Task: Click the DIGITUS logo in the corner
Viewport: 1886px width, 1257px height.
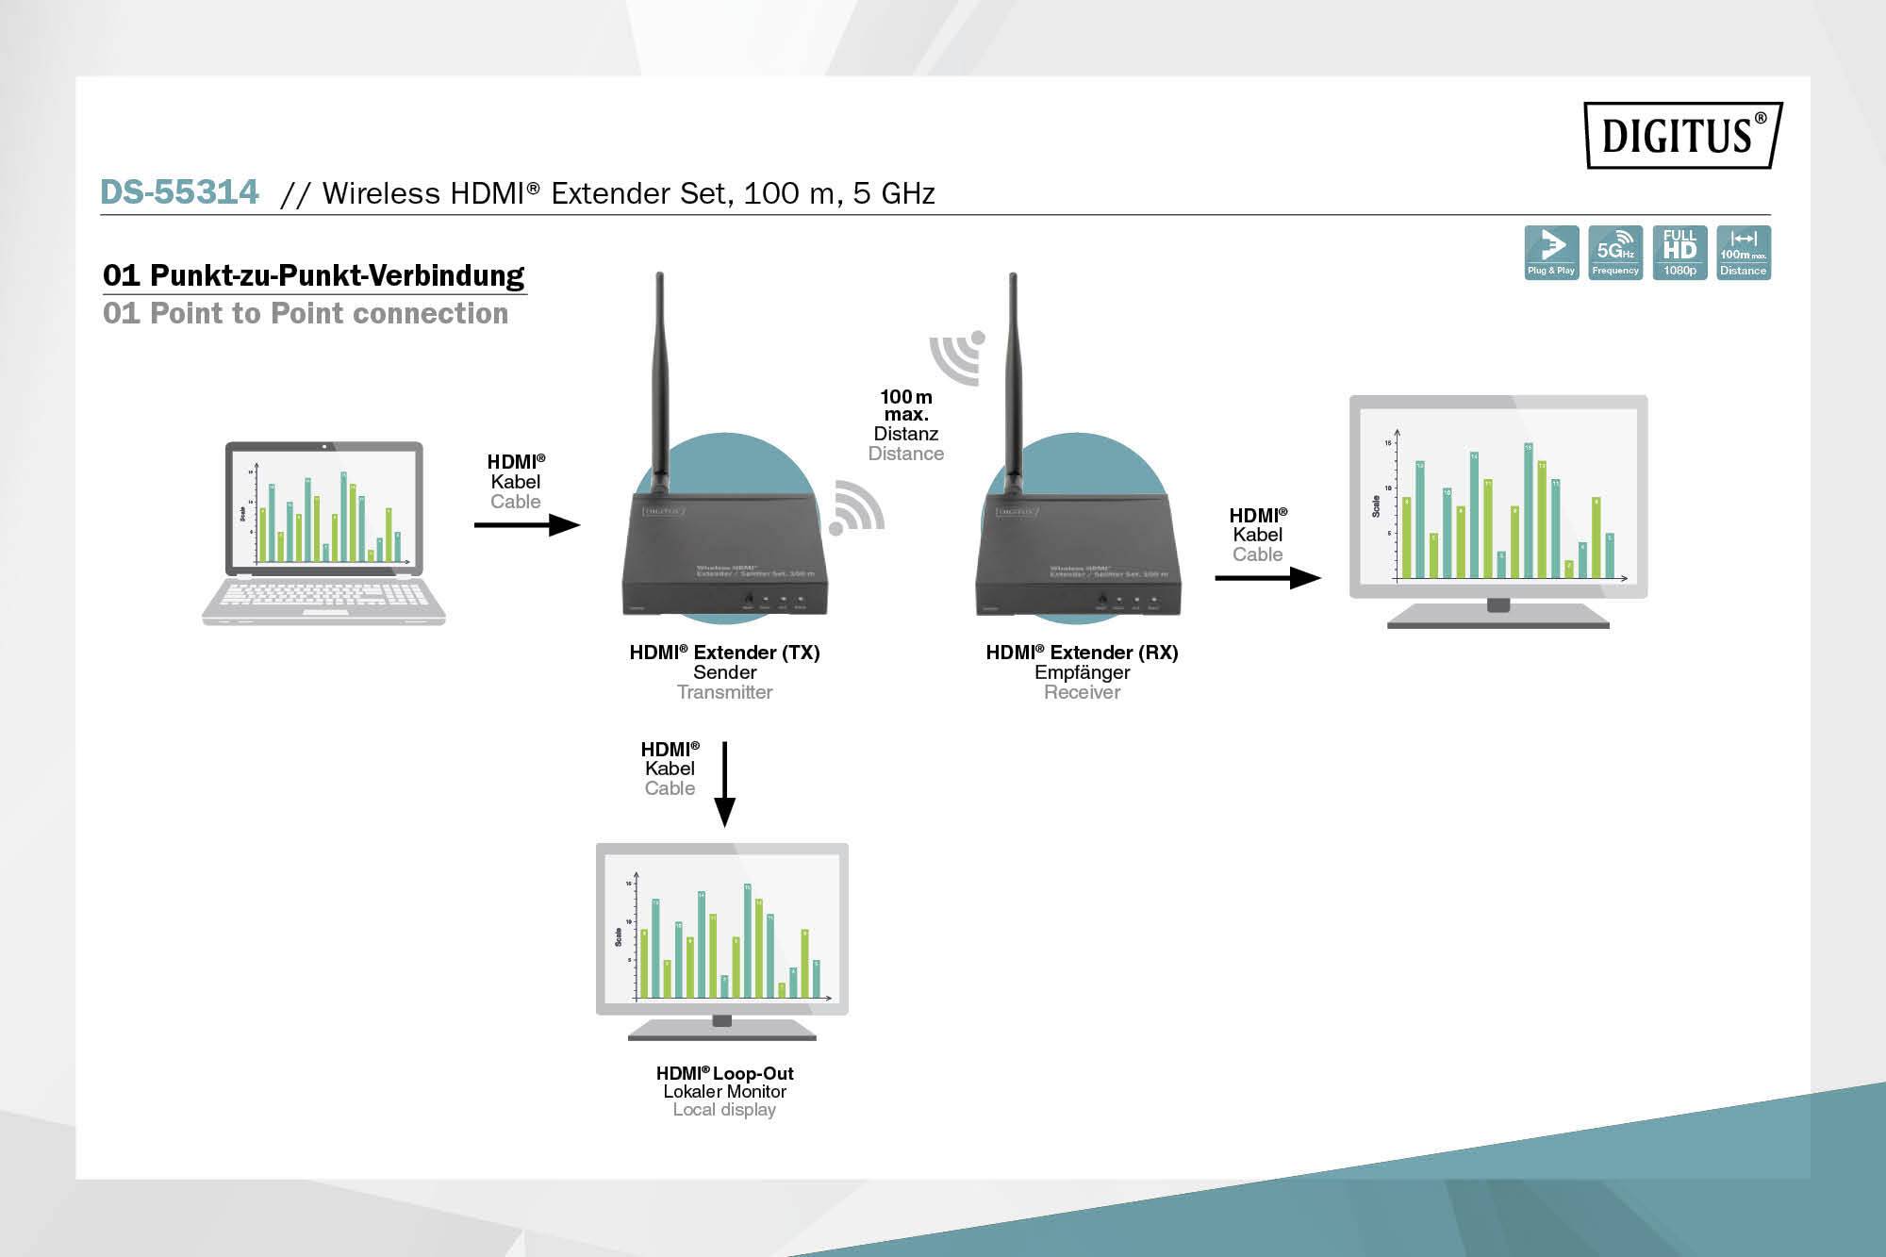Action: click(x=1682, y=135)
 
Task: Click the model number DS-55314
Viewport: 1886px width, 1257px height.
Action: click(x=179, y=192)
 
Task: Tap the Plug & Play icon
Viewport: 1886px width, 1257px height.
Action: click(x=1551, y=252)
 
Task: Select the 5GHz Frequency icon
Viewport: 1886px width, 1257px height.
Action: click(x=1615, y=252)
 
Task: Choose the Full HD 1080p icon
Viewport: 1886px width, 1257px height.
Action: click(x=1679, y=252)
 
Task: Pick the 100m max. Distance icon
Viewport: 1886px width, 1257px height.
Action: click(x=1743, y=252)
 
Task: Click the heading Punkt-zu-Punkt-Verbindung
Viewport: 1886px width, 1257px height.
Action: click(x=314, y=275)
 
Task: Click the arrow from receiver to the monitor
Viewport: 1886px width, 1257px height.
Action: click(x=1267, y=577)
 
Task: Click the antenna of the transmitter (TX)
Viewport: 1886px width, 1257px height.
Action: click(x=659, y=377)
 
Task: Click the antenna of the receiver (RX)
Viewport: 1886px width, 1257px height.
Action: click(x=1014, y=377)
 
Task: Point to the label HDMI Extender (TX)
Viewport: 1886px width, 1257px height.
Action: click(x=724, y=653)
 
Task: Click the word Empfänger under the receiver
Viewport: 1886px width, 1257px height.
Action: click(x=1082, y=672)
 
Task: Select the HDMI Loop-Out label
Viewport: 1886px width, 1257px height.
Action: click(x=724, y=1073)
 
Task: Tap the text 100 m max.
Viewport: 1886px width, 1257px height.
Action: click(x=906, y=405)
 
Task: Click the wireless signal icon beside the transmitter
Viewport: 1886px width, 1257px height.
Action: click(x=856, y=509)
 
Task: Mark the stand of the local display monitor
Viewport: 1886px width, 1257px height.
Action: click(x=722, y=1029)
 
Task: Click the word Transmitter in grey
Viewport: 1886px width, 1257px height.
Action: click(x=724, y=692)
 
